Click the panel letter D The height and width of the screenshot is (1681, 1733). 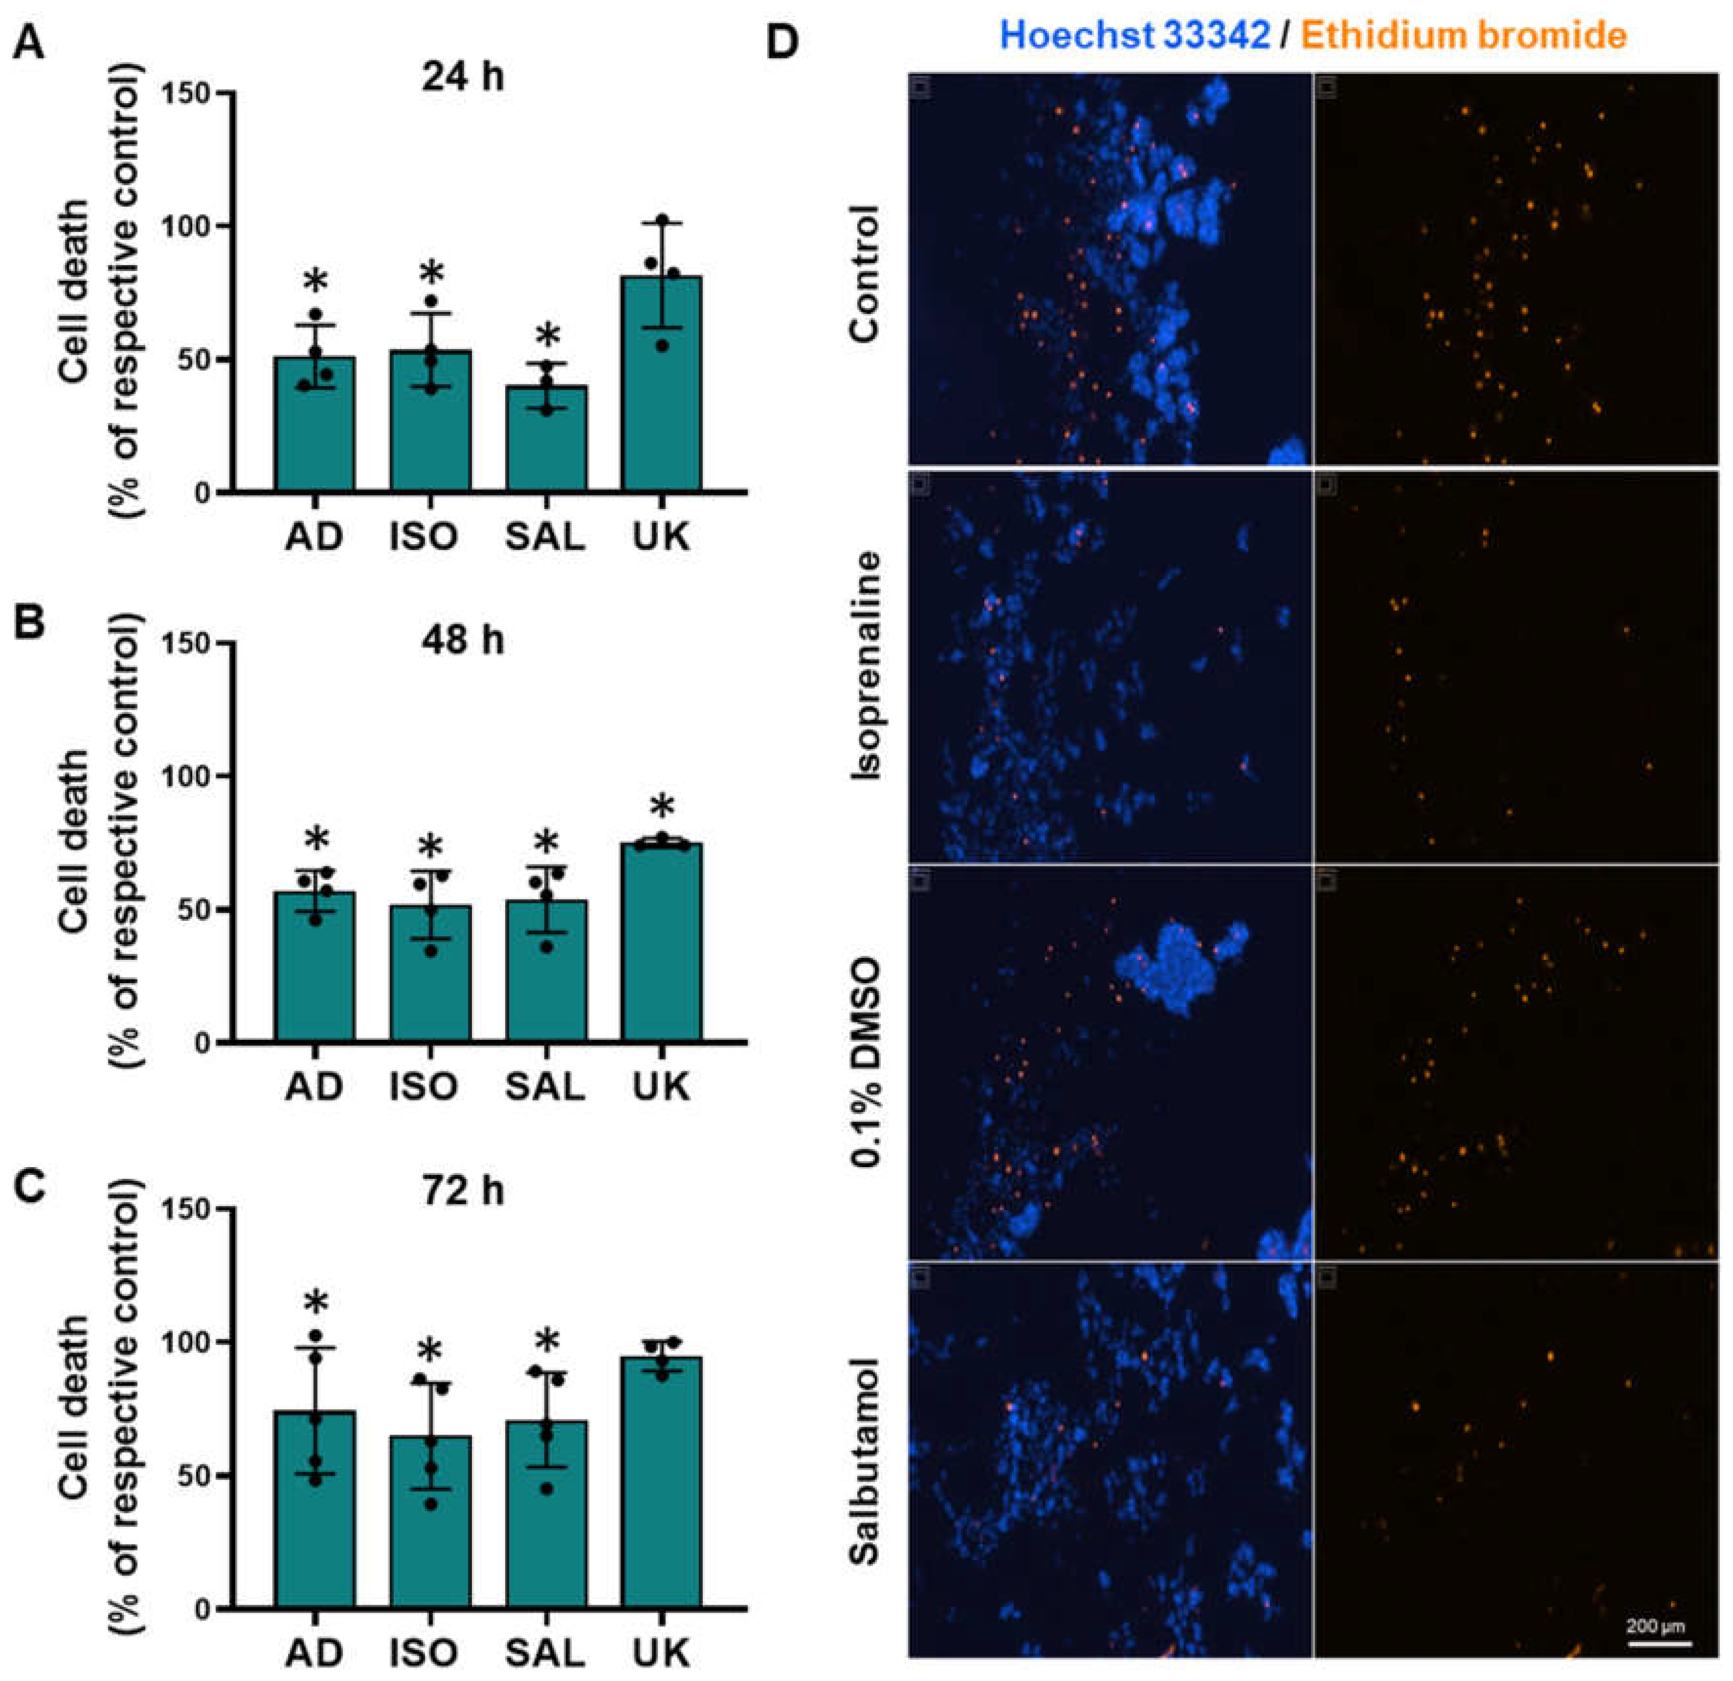coord(781,43)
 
